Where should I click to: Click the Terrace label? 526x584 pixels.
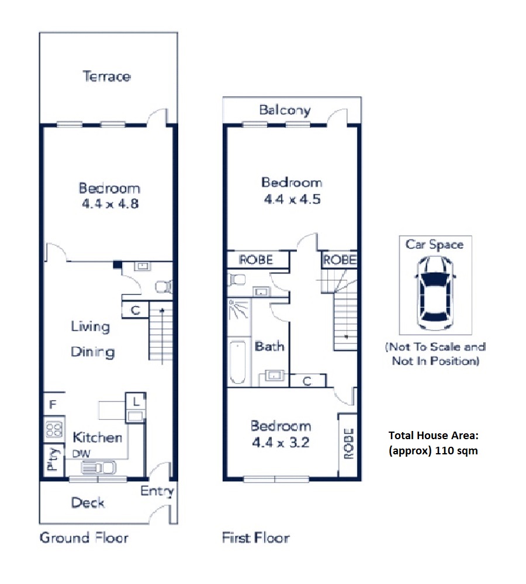pos(106,77)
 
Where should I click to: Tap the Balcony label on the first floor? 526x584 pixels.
pos(285,110)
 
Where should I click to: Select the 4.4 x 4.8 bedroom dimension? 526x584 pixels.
pos(110,204)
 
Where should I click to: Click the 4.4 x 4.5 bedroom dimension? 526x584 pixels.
pos(292,199)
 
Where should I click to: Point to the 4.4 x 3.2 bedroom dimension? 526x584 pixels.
pos(281,443)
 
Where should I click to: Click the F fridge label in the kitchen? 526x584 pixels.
pos(53,404)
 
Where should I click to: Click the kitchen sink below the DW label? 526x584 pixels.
pos(98,467)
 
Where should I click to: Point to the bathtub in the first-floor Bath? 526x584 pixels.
pos(238,362)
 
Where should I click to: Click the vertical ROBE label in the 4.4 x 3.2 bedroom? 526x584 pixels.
pos(348,444)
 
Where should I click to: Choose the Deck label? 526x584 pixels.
pos(88,503)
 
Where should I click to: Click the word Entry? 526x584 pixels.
pos(157,492)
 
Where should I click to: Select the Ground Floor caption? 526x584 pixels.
pos(84,538)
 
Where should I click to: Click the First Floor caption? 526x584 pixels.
pos(256,538)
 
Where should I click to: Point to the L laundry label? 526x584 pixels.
pos(136,402)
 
